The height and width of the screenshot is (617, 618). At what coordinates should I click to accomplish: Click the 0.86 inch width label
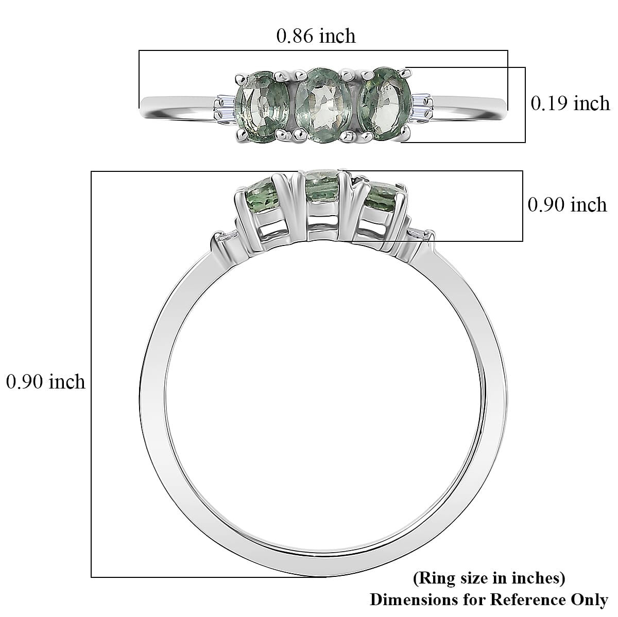point(316,36)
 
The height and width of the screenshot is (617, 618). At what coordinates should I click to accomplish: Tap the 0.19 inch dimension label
point(570,103)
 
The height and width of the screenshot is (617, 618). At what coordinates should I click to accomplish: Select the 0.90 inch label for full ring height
point(45,382)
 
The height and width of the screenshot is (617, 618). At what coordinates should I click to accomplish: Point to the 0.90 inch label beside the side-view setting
point(567,205)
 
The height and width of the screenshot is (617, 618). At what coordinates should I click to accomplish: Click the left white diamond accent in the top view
point(225,105)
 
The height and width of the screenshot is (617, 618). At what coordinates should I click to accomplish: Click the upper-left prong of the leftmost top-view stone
point(239,79)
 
